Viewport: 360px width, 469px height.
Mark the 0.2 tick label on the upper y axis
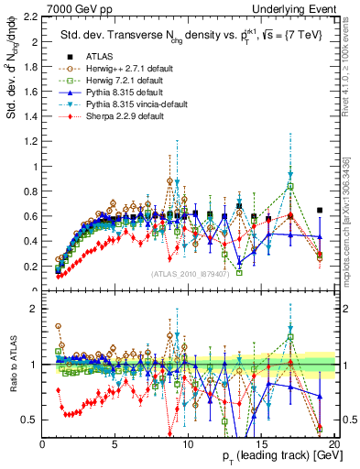click(x=28, y=267)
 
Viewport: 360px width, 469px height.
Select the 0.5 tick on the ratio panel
click(x=28, y=420)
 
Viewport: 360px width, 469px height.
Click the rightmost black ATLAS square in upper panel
click(x=319, y=211)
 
